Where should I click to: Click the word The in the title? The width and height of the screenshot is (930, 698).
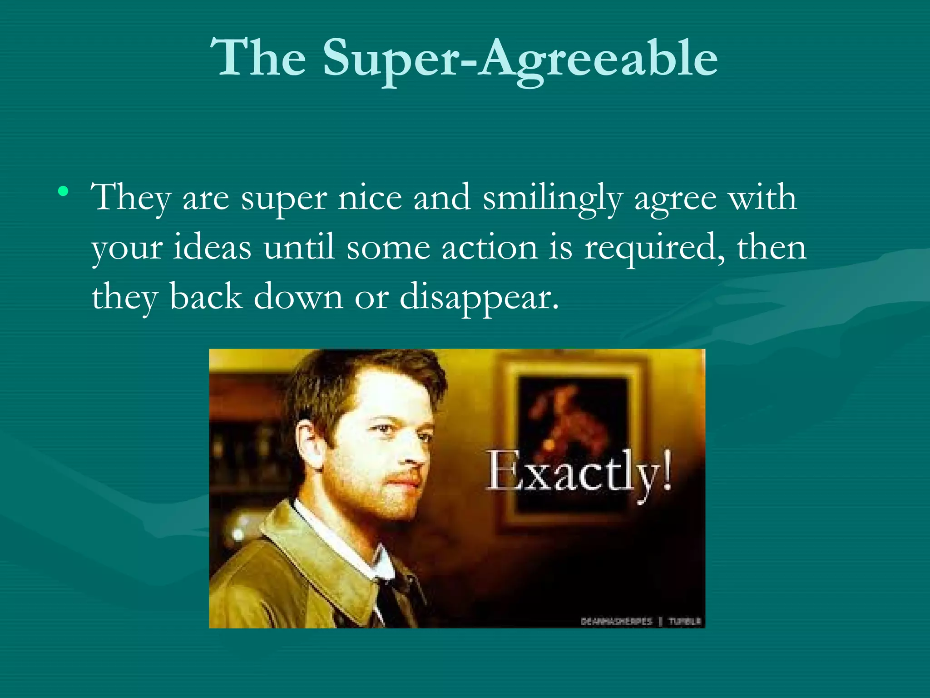[x=258, y=58]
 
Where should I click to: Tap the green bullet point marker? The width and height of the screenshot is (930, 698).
[x=64, y=191]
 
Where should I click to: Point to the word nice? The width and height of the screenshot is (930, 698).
[x=370, y=198]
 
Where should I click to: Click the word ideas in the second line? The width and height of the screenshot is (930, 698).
[x=212, y=248]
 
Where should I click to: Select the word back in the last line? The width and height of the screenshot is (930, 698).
[x=206, y=297]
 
